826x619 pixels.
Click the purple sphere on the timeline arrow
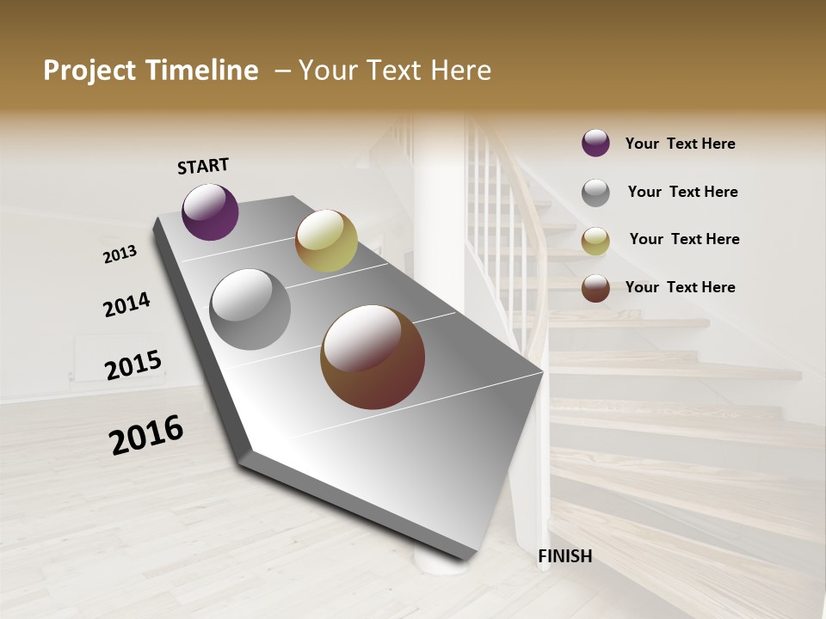pos(211,212)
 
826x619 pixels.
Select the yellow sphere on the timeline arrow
pos(326,241)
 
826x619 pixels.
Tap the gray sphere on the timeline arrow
pos(250,309)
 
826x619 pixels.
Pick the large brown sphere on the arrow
pos(373,357)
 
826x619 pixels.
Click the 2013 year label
pos(120,254)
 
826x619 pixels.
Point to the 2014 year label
pos(126,304)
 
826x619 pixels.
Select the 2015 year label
pos(133,365)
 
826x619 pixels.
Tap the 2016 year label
pos(146,435)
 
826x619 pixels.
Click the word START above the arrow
pos(203,166)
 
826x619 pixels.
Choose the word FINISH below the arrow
pos(565,556)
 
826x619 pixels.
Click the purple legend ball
pos(595,143)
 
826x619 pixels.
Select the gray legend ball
pos(595,193)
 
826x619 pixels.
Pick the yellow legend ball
pos(595,241)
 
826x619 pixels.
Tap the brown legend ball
pos(595,288)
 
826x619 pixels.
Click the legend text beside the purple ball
pos(681,144)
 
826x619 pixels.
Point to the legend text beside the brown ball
pos(681,287)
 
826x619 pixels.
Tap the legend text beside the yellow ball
pos(685,239)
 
